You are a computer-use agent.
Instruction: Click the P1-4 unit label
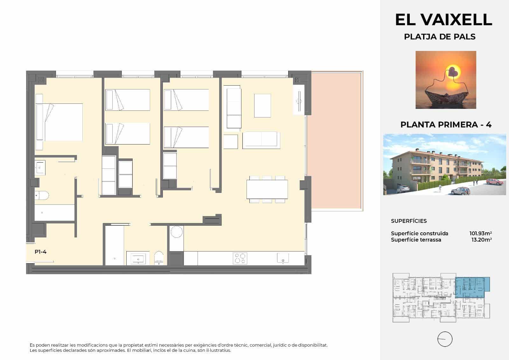[41, 252]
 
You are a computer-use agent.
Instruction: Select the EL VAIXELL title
[443, 20]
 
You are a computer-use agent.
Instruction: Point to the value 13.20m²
[482, 240]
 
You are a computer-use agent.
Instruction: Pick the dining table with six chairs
[267, 189]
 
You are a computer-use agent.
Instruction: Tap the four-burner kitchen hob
[240, 258]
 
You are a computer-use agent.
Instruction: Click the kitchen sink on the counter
[283, 258]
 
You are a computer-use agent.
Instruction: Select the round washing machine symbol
[176, 232]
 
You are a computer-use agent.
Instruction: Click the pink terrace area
[337, 140]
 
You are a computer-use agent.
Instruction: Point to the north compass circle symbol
[445, 339]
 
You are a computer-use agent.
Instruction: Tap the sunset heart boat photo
[446, 80]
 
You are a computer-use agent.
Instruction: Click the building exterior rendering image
[444, 165]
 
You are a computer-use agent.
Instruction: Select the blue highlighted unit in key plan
[471, 286]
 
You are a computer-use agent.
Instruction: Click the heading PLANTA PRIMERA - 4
[446, 124]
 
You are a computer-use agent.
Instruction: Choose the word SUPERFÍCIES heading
[409, 221]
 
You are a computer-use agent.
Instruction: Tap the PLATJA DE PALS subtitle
[440, 37]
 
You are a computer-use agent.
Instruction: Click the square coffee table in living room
[262, 105]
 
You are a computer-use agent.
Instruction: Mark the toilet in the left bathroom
[42, 194]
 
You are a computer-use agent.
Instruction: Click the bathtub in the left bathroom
[54, 212]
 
